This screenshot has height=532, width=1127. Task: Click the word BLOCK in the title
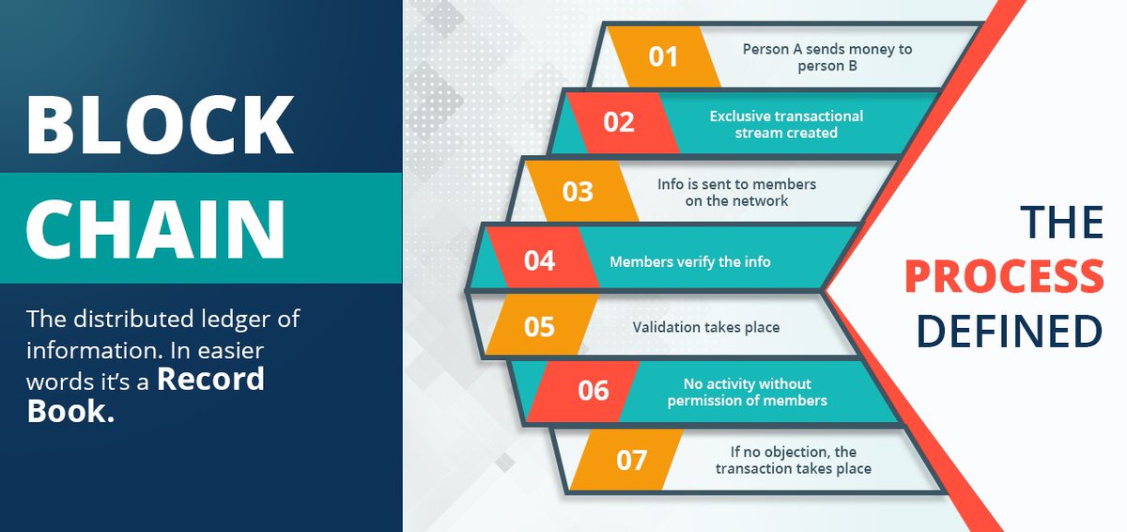click(160, 124)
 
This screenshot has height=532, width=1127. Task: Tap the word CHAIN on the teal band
click(156, 228)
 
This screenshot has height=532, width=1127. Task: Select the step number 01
click(663, 56)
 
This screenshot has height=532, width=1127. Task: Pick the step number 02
click(619, 122)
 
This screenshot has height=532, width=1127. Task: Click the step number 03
click(578, 192)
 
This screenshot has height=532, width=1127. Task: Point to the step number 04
click(539, 260)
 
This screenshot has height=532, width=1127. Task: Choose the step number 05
click(539, 327)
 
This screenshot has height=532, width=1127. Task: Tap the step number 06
click(594, 391)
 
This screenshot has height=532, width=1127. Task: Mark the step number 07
click(631, 461)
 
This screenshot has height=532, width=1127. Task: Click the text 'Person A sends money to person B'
click(827, 57)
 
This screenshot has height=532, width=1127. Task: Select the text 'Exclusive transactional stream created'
click(786, 124)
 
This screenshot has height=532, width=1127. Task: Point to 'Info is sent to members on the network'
click(736, 193)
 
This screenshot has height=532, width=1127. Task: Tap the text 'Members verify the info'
click(689, 261)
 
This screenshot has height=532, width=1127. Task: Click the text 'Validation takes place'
click(706, 327)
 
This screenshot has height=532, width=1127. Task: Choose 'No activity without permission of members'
click(748, 392)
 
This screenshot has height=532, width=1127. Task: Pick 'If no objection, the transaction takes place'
click(794, 460)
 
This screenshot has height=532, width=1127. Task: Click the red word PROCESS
click(1004, 277)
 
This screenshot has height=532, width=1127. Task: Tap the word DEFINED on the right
click(1010, 331)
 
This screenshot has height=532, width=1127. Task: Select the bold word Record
click(210, 379)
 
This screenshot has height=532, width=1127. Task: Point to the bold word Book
click(71, 411)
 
